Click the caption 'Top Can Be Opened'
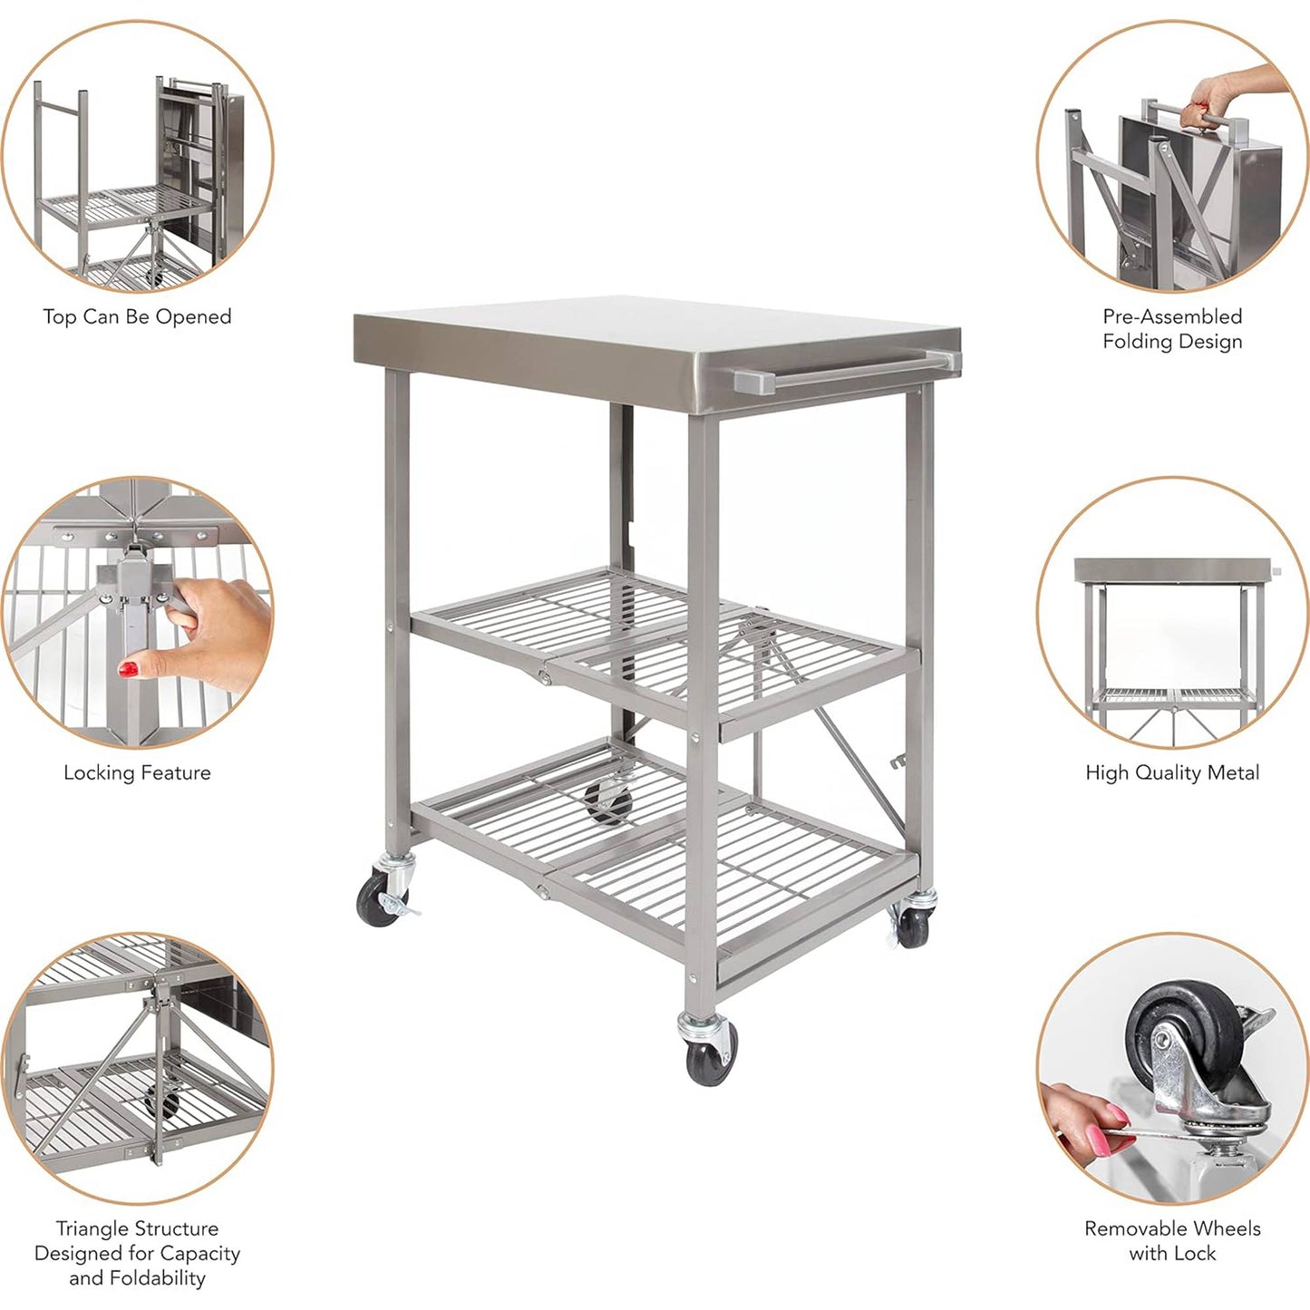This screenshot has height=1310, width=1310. (x=137, y=317)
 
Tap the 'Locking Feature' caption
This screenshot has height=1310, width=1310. (x=137, y=773)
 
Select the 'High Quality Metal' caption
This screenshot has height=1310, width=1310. (x=1172, y=773)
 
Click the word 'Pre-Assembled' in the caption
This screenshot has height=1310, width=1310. (x=1172, y=316)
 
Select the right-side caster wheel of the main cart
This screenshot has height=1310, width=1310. (x=913, y=925)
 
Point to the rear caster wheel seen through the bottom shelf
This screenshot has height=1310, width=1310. (x=607, y=802)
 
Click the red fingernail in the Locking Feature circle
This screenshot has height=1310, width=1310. (x=129, y=670)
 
